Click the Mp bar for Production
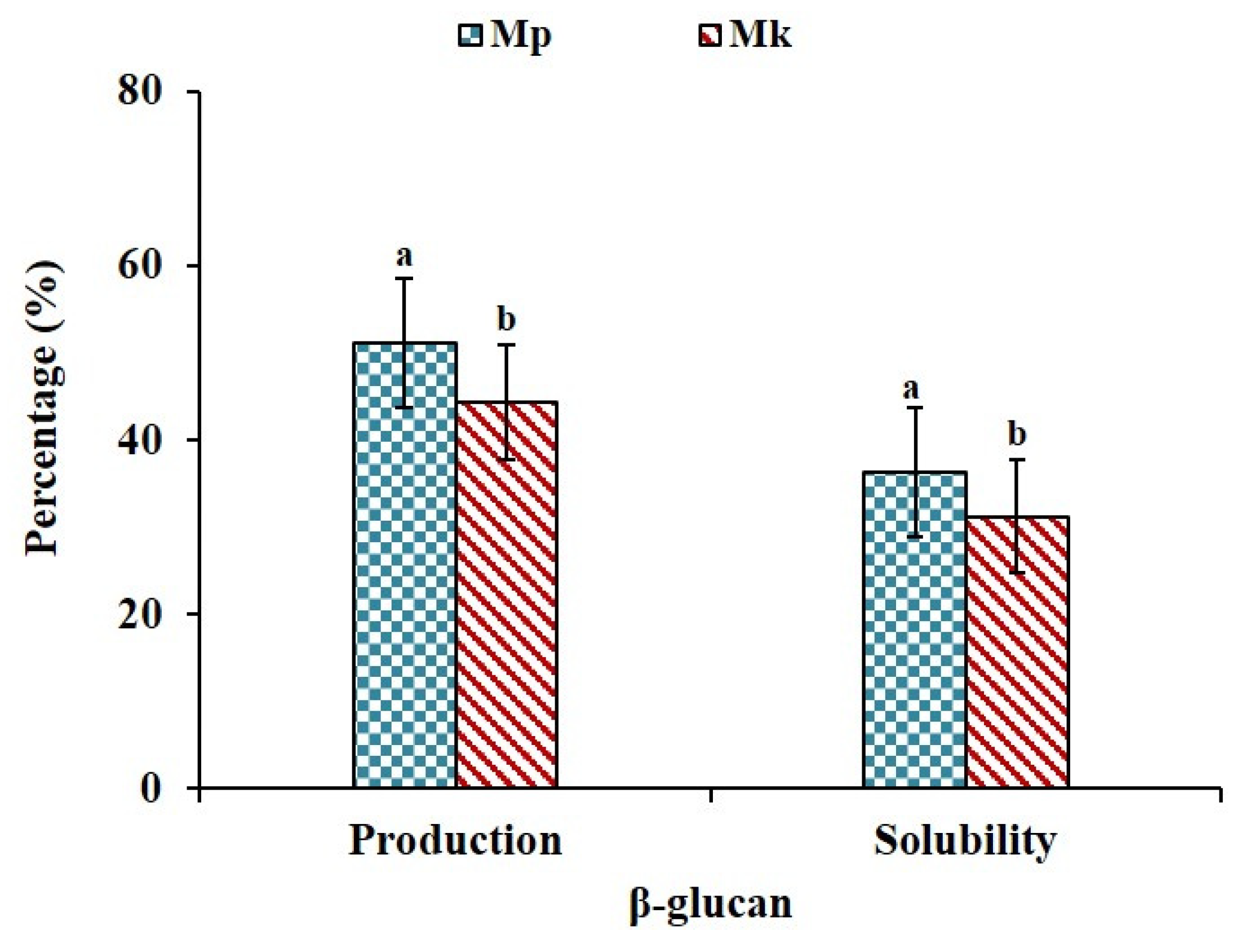(x=404, y=564)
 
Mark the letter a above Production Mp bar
(x=404, y=257)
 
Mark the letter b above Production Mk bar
(x=506, y=320)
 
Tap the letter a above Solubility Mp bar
(x=911, y=389)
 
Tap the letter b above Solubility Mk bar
(x=1017, y=435)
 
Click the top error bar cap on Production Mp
(x=404, y=278)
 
